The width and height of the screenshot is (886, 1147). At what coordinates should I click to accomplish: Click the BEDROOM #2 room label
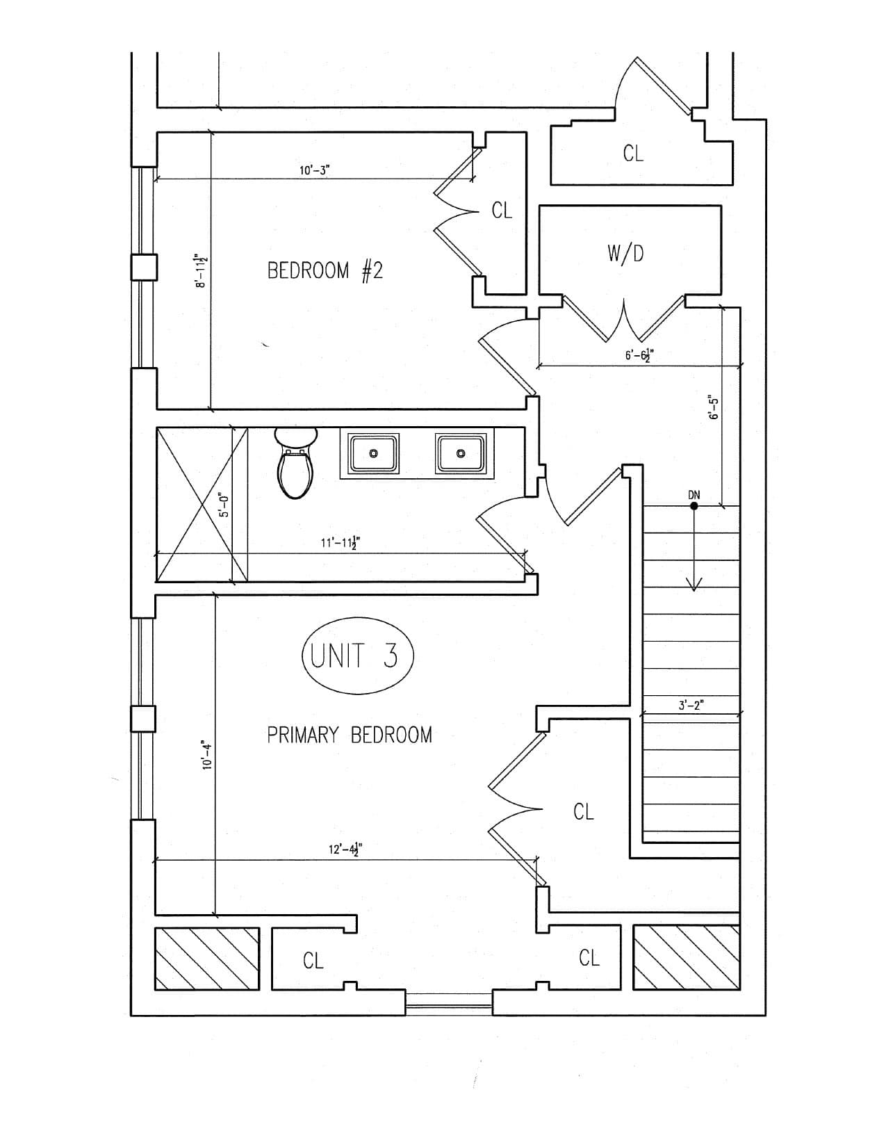click(x=325, y=271)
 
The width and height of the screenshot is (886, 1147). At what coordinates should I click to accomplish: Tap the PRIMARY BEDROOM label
click(x=350, y=735)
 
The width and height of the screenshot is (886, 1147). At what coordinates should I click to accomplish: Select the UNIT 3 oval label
click(x=357, y=655)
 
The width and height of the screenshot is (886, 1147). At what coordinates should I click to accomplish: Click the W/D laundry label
click(x=625, y=254)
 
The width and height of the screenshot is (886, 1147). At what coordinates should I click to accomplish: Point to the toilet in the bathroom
click(x=295, y=464)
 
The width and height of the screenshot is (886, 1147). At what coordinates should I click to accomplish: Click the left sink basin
click(x=373, y=453)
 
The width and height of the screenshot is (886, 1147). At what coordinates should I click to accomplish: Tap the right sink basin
click(x=460, y=453)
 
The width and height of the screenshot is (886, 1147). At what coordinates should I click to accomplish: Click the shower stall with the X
click(x=202, y=505)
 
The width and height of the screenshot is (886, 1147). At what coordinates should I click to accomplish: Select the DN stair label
click(x=694, y=495)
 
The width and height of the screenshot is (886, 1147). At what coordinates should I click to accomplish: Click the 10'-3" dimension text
click(x=315, y=170)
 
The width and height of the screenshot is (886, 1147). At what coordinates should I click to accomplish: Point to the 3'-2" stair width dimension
click(x=691, y=705)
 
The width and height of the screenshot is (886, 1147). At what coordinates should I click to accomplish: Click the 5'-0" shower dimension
click(x=224, y=505)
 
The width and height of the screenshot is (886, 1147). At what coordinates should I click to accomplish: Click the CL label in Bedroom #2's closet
click(x=501, y=211)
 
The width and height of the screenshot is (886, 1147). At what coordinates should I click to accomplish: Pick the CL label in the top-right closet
click(x=632, y=154)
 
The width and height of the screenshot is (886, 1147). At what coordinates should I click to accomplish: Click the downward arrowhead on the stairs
click(x=694, y=584)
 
